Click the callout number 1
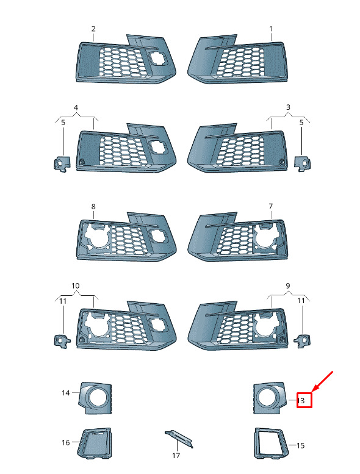point(271,29)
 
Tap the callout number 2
point(93,29)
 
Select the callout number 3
point(288,107)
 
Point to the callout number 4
point(76,107)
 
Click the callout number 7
point(271,206)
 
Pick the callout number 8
point(93,206)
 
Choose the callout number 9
point(288,285)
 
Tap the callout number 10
point(75,285)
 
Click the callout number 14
point(65,393)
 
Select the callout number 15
point(300,445)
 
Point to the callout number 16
point(65,442)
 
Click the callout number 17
point(176,456)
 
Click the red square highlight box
point(304,400)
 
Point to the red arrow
point(322,382)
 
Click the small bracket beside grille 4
point(62,164)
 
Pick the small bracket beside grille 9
point(303,340)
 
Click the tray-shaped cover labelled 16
point(95,443)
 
